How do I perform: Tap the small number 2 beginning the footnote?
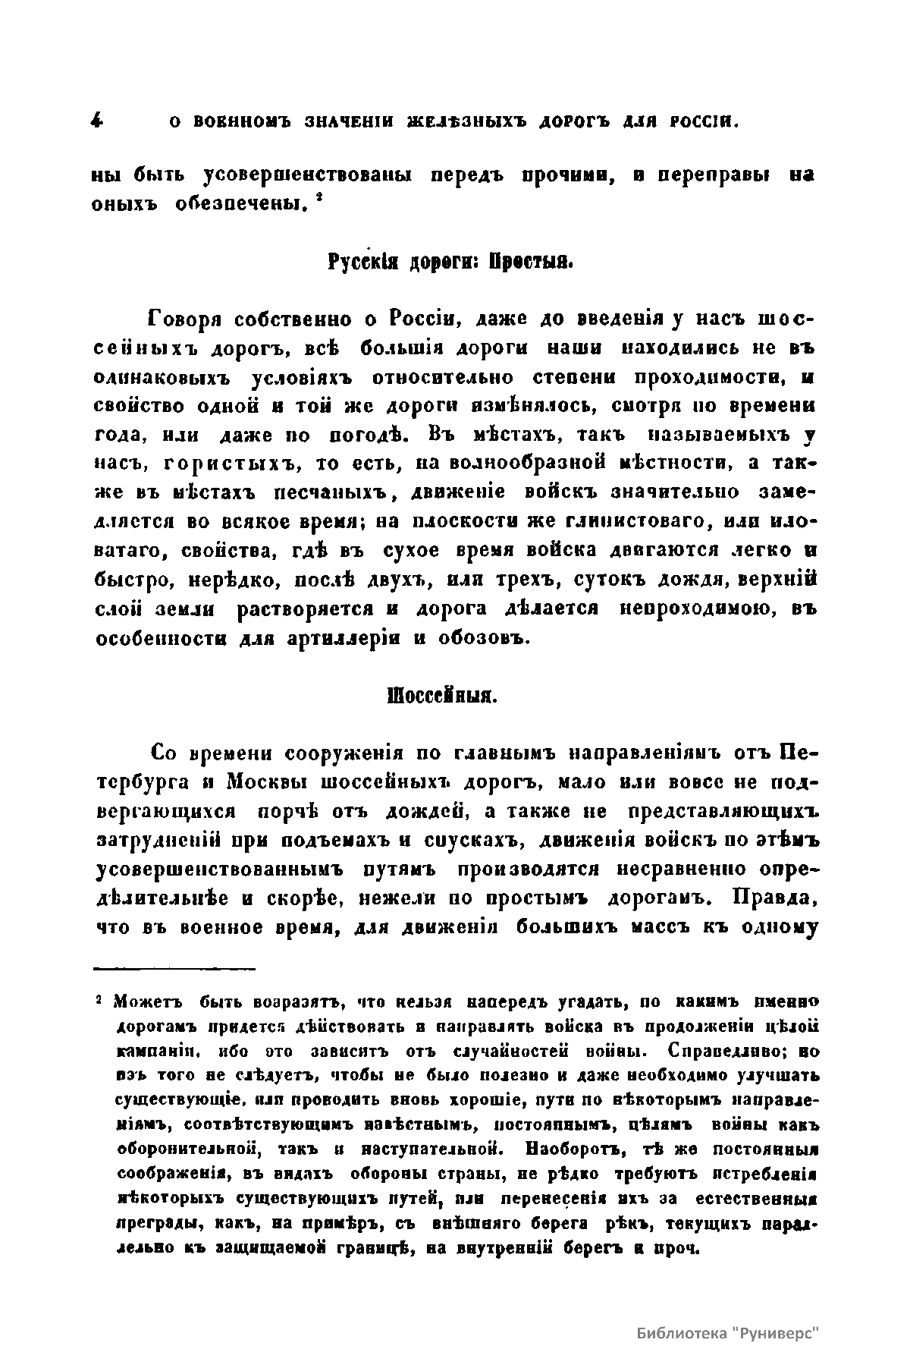pyautogui.click(x=99, y=1002)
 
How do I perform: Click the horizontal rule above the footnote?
pyautogui.click(x=174, y=968)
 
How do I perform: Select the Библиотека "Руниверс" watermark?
pyautogui.click(x=729, y=1334)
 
